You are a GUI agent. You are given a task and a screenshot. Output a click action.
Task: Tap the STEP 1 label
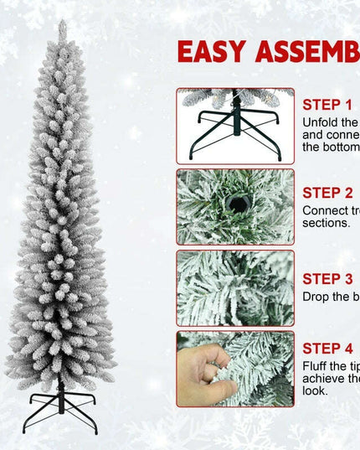click(327, 105)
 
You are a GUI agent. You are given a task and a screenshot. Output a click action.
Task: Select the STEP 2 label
click(327, 193)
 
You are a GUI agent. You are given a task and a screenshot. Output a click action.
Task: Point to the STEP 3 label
click(327, 278)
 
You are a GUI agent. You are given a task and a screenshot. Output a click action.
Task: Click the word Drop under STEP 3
click(317, 296)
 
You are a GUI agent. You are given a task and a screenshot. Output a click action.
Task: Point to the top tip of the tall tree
click(61, 23)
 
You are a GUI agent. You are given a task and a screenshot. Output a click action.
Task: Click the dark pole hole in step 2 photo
click(234, 204)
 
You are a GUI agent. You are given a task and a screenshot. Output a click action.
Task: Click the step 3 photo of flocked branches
click(235, 287)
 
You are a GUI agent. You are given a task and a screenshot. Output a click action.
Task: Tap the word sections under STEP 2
click(325, 223)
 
